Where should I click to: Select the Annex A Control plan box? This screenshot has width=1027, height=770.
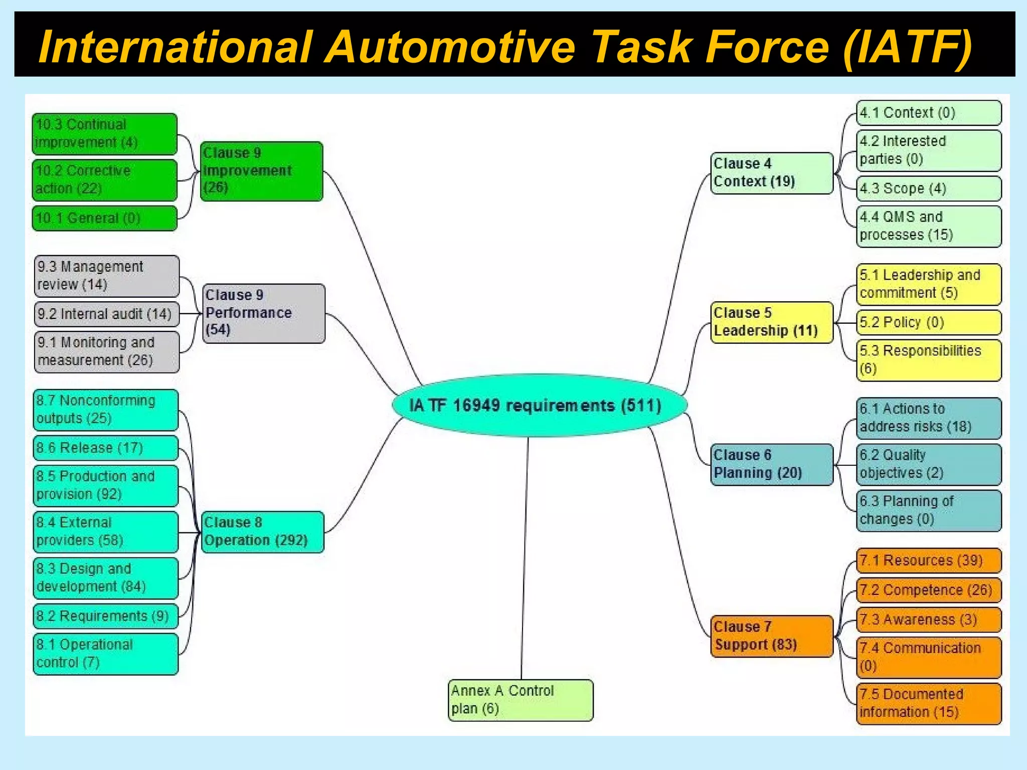tap(521, 700)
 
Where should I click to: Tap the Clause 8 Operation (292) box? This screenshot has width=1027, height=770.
tap(262, 532)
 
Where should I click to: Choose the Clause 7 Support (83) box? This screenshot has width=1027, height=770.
tap(772, 636)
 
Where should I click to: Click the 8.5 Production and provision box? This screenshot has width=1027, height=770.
tap(106, 485)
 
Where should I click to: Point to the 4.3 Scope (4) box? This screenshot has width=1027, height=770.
tap(929, 188)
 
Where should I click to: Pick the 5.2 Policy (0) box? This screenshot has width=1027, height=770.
tap(929, 322)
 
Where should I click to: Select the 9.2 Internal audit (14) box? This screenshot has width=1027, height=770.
tap(106, 314)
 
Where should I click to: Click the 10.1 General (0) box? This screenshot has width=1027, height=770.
tap(104, 218)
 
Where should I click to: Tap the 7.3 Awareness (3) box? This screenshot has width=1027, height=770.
tap(929, 620)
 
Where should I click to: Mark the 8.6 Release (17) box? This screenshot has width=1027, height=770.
tap(106, 448)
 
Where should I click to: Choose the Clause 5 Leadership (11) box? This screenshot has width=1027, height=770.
tap(772, 322)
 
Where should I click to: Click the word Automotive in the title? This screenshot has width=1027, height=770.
tap(451, 47)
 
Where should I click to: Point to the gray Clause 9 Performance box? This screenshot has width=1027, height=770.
tap(264, 313)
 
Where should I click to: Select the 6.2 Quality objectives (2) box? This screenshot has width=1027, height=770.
tap(929, 464)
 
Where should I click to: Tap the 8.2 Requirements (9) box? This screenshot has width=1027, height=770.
tap(106, 616)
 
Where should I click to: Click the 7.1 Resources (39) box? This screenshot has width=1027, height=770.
tap(929, 560)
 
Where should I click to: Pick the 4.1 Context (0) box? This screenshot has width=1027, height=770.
tap(929, 113)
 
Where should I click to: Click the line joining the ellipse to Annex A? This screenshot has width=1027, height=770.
tap(525, 556)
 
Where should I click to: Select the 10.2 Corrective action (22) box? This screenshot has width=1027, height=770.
tap(104, 180)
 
